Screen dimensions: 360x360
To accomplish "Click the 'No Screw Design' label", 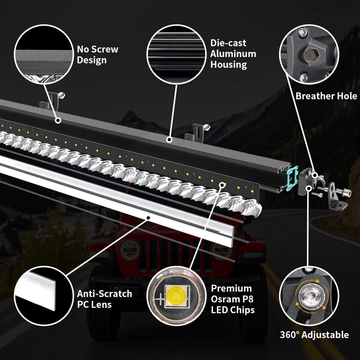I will tap(97, 54).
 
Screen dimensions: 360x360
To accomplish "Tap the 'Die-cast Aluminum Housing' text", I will tap(233, 54).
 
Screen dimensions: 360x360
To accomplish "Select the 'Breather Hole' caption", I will tap(326, 96).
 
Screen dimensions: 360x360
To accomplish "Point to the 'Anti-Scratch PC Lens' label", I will tap(104, 299).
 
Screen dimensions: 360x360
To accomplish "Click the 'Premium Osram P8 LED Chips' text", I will tap(233, 299).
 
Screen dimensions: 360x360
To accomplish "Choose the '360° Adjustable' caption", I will tap(314, 335).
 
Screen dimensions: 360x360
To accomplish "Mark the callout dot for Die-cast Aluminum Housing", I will tap(169, 139).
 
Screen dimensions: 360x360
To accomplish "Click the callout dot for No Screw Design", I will tap(58, 120).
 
